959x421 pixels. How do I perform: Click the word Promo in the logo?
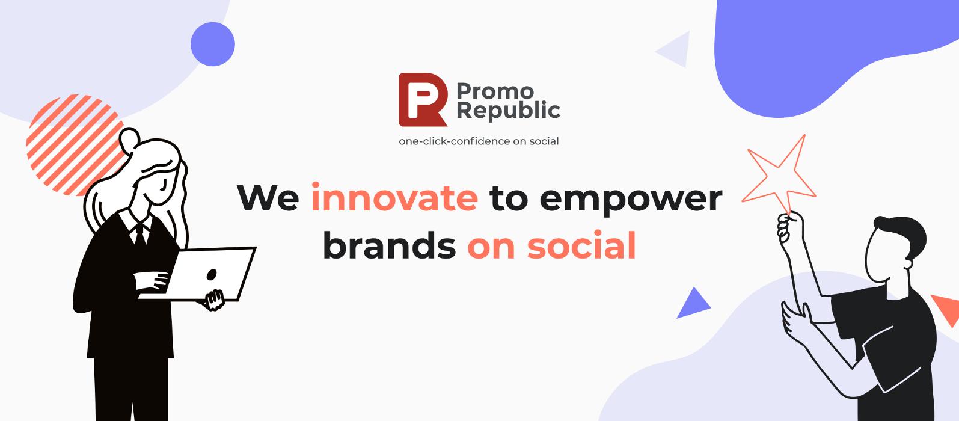[x=495, y=91]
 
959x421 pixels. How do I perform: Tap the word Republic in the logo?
[x=508, y=111]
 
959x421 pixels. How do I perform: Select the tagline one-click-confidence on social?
[x=479, y=141]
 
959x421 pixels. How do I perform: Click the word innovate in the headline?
[x=394, y=197]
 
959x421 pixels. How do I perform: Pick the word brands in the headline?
[x=389, y=245]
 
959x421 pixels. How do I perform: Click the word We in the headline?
[x=268, y=197]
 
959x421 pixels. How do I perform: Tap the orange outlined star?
[x=779, y=173]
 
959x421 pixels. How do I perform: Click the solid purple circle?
[x=212, y=44]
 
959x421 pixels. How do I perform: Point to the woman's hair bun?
[x=130, y=140]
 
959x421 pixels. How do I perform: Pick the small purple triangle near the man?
[x=693, y=304]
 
